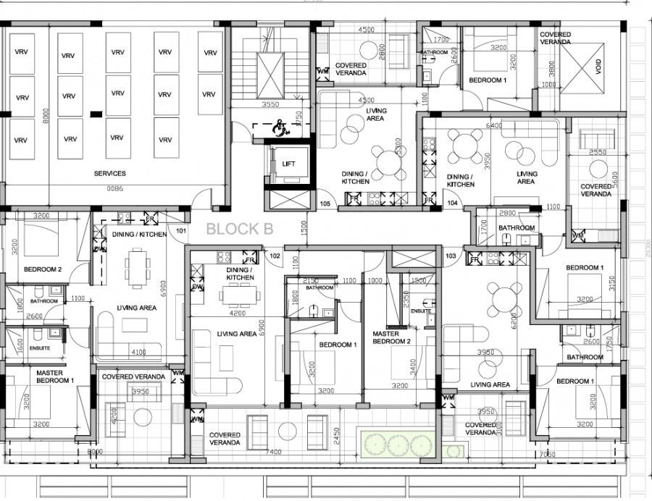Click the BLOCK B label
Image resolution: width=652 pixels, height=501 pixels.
pos(240,230)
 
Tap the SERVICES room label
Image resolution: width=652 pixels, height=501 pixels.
pos(109,174)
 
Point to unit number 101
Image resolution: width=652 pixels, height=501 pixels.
pos(181,232)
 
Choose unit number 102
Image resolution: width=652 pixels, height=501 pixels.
pos(275,256)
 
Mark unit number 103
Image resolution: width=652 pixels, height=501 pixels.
pos(451,256)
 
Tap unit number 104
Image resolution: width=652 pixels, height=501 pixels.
pos(453,204)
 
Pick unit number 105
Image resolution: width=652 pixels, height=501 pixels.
pos(325,204)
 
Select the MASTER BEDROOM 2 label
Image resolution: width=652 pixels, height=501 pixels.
pos(391,337)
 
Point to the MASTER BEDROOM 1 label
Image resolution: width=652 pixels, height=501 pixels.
pos(54,376)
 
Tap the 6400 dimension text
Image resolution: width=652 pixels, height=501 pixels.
pos(495,125)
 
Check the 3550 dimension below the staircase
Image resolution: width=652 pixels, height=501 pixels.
pos(269,104)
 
